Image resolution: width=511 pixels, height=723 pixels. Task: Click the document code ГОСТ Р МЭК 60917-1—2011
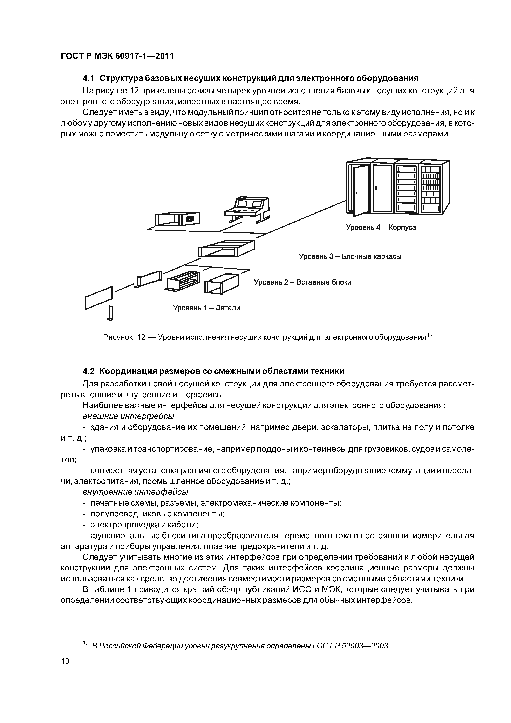(x=117, y=56)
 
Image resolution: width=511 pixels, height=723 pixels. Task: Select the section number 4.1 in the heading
(x=89, y=78)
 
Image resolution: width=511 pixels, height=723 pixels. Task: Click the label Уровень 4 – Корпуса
(x=381, y=227)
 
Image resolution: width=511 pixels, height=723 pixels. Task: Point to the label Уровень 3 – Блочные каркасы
(x=350, y=256)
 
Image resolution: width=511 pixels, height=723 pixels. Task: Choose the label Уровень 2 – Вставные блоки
(x=302, y=282)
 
